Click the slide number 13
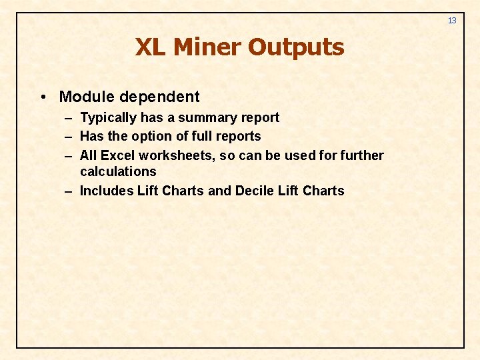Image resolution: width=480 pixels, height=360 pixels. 452,21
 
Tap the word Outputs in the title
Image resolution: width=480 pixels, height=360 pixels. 296,47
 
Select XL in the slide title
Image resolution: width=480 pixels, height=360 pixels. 151,47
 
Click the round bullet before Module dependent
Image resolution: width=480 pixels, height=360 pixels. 43,97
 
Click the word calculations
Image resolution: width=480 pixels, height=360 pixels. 118,171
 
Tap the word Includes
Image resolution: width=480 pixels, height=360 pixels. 107,191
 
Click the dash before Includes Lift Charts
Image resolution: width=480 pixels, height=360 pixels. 69,191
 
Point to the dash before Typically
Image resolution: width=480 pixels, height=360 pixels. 69,118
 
